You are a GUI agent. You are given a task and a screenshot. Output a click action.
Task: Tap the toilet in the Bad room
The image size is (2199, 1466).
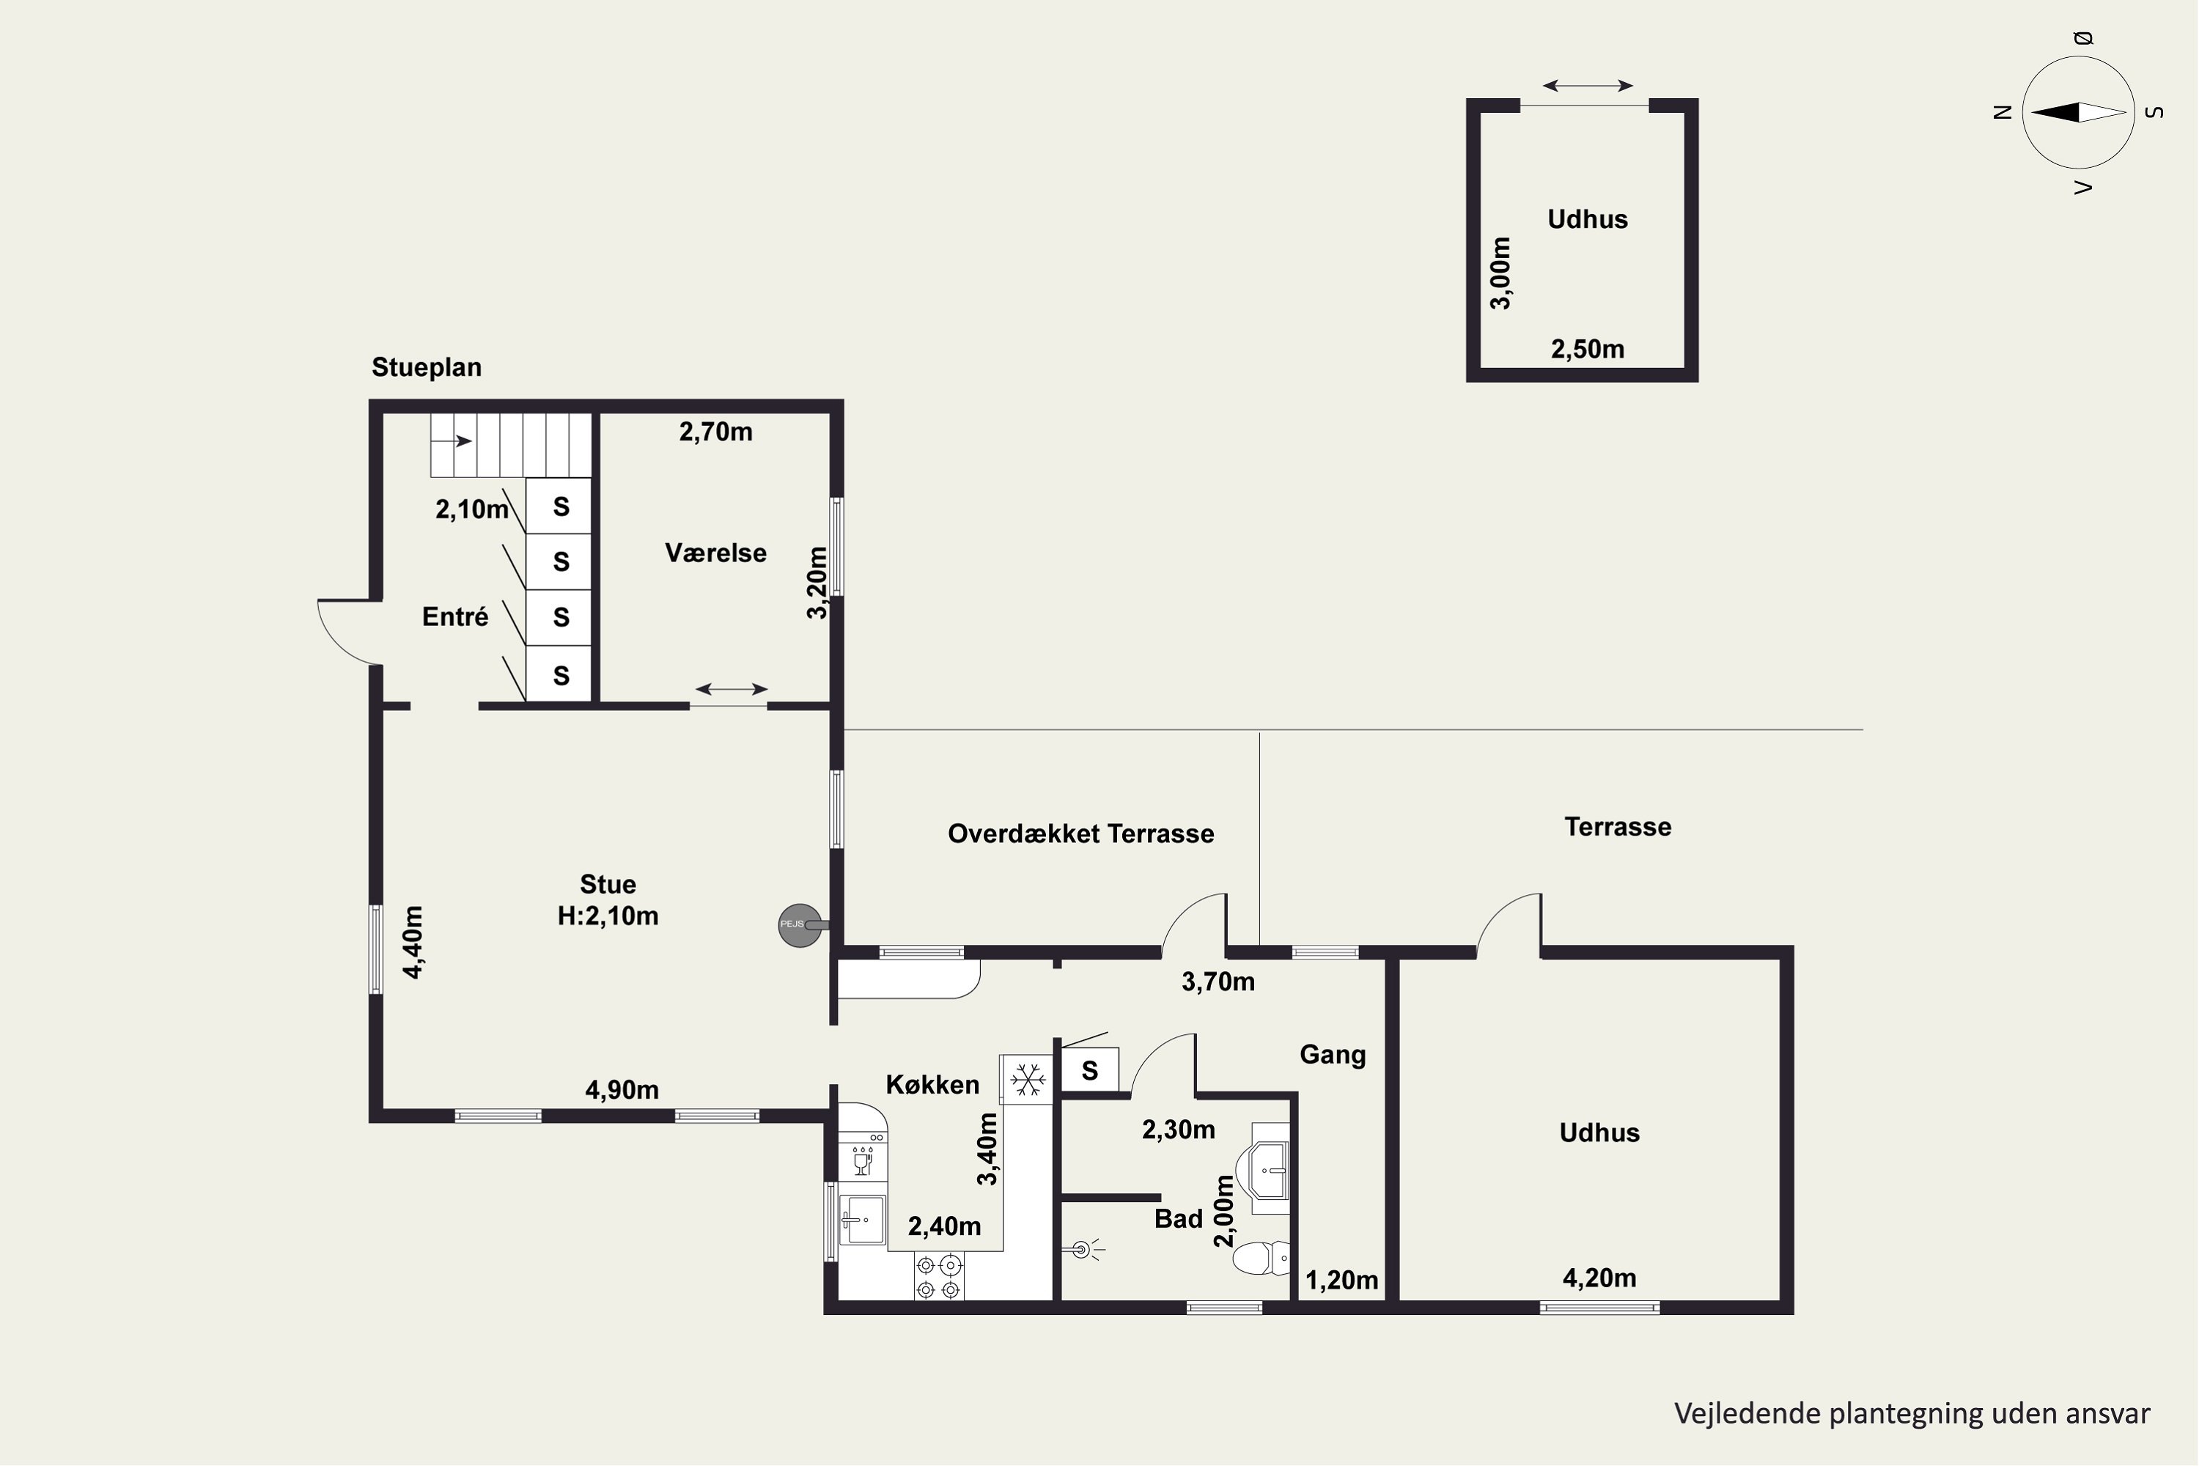click(1261, 1258)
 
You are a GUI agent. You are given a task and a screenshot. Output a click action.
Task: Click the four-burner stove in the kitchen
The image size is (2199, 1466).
click(939, 1277)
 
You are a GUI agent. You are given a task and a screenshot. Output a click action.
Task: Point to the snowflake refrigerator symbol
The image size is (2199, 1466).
click(1028, 1079)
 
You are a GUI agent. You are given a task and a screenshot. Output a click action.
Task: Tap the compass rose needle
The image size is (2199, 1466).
click(2078, 112)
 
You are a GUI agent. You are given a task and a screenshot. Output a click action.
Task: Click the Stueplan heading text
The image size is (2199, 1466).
click(427, 367)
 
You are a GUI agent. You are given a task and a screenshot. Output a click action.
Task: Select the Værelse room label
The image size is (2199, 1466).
click(715, 553)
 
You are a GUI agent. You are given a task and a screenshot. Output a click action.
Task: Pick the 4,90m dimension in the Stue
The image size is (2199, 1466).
click(622, 1089)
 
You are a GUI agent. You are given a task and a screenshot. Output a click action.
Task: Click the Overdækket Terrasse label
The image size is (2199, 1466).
click(1080, 834)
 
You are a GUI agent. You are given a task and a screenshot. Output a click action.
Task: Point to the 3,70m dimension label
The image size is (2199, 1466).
click(1218, 981)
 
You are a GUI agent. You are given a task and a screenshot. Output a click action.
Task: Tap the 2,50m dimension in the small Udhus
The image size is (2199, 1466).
click(1588, 349)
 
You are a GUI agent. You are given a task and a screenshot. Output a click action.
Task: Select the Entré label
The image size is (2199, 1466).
click(455, 617)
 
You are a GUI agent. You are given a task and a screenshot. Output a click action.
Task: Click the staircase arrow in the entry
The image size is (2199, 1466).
click(452, 441)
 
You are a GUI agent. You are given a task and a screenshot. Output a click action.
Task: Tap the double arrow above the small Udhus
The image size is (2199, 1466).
click(1588, 86)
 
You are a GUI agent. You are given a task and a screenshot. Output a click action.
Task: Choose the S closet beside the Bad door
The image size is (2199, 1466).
click(1090, 1069)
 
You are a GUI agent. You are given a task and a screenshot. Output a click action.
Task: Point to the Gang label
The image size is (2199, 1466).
click(1333, 1056)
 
